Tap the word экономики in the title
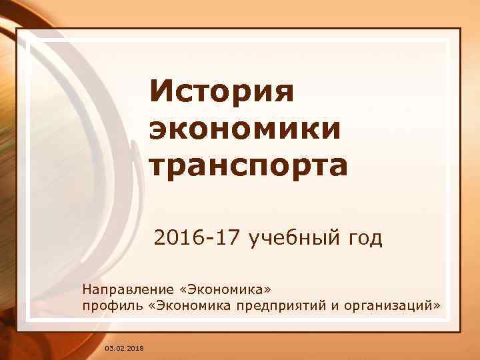coord(245,129)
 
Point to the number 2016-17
coord(198,237)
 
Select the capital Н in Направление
coord(86,289)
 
